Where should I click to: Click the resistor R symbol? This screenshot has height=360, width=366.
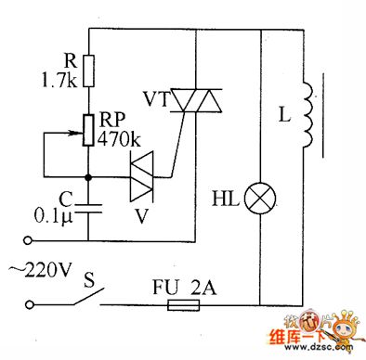point(87,67)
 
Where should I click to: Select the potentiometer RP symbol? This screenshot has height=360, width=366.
point(87,130)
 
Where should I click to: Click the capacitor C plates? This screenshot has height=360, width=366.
point(87,209)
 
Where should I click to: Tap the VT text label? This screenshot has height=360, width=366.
point(155,96)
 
